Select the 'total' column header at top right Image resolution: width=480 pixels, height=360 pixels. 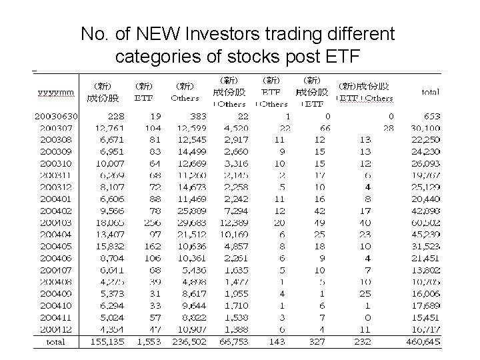(430, 92)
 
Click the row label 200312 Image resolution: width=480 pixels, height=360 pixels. (56, 187)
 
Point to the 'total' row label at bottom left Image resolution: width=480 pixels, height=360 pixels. (55, 341)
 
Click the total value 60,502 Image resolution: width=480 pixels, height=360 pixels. (425, 221)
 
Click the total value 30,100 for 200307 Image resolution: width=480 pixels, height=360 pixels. (425, 127)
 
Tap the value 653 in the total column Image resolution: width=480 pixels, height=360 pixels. (432, 116)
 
